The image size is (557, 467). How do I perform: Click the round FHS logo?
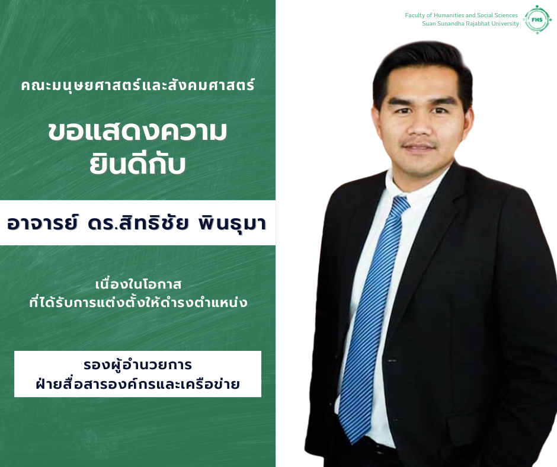click(x=537, y=20)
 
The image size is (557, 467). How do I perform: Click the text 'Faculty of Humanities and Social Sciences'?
click(x=461, y=15)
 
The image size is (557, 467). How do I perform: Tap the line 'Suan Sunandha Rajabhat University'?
click(x=470, y=24)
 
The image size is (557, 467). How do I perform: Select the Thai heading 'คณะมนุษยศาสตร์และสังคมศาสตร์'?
click(x=138, y=85)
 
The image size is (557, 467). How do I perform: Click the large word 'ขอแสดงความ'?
click(x=137, y=132)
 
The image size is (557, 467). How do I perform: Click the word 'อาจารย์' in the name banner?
click(x=42, y=223)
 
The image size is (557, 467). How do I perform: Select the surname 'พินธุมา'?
click(x=232, y=224)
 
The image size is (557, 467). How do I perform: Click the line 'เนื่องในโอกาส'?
click(x=138, y=284)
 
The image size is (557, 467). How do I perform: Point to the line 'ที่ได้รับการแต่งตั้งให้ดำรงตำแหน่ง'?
click(x=138, y=302)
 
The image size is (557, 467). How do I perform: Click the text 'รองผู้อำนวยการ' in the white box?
click(x=138, y=365)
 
